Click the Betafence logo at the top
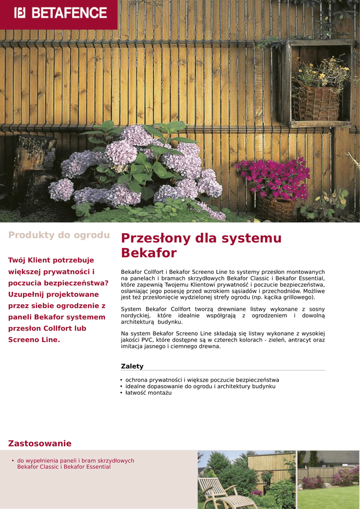point(61,12)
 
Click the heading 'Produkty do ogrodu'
point(59,235)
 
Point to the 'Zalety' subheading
point(132,366)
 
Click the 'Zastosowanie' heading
point(40,443)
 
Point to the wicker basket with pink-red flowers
point(275,208)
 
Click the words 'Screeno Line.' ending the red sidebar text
point(34,340)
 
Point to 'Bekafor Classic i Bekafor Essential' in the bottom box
point(64,467)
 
